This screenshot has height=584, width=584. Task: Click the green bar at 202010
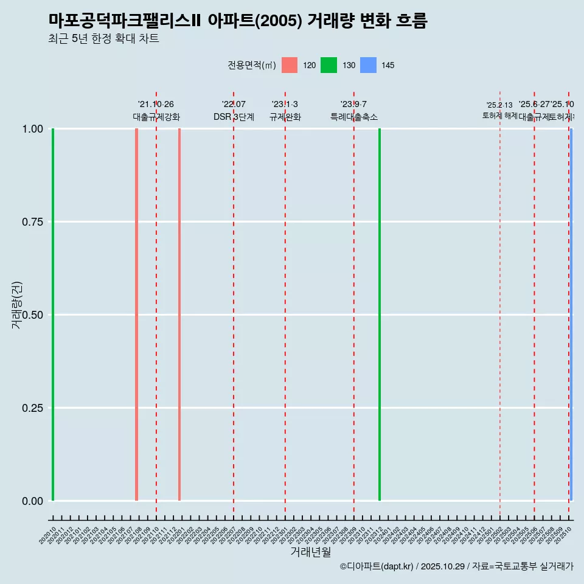(53, 315)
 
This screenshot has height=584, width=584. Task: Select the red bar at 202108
(136, 315)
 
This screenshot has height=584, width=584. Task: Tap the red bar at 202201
(179, 315)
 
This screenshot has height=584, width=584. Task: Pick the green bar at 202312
(380, 315)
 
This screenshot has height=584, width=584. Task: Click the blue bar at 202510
(571, 315)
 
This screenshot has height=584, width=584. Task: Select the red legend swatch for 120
(290, 65)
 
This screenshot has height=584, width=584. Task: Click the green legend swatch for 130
(328, 65)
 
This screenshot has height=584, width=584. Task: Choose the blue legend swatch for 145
(368, 65)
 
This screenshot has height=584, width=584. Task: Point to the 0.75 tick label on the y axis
(32, 222)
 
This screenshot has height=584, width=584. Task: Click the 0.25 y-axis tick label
(32, 408)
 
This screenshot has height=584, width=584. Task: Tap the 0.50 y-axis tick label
(32, 315)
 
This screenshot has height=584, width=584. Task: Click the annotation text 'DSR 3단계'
(234, 117)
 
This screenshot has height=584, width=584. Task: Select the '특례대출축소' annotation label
(354, 117)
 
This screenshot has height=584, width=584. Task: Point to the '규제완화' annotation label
(285, 117)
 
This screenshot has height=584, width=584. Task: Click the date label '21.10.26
(156, 105)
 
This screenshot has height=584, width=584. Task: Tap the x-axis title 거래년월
(310, 552)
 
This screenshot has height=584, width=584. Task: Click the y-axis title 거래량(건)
(16, 305)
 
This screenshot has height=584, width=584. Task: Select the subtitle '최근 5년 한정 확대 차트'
(103, 39)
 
